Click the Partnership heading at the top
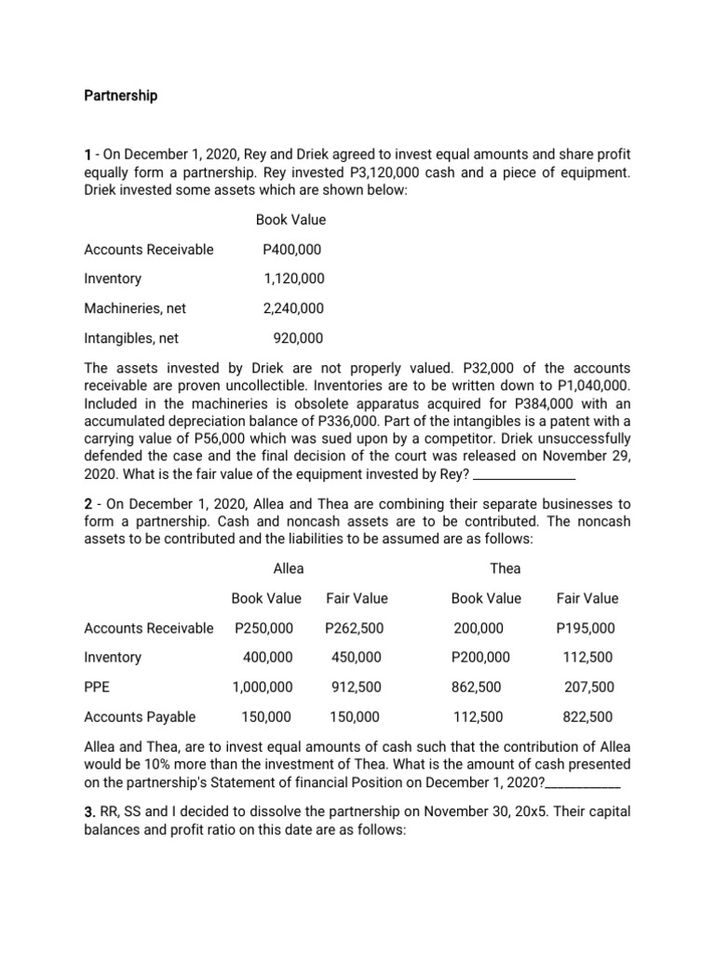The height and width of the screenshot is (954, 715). click(121, 95)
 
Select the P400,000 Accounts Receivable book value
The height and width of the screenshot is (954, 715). click(294, 249)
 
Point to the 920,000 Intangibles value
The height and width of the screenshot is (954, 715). click(298, 338)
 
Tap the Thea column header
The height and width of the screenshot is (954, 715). click(506, 568)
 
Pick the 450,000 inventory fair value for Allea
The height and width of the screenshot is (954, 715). click(356, 657)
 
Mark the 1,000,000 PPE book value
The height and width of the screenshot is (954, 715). click(263, 687)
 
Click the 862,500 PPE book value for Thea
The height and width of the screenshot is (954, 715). click(478, 687)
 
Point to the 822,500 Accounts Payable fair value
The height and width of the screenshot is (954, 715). click(587, 716)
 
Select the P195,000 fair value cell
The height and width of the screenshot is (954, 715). click(586, 628)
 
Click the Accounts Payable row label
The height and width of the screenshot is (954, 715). click(140, 716)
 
